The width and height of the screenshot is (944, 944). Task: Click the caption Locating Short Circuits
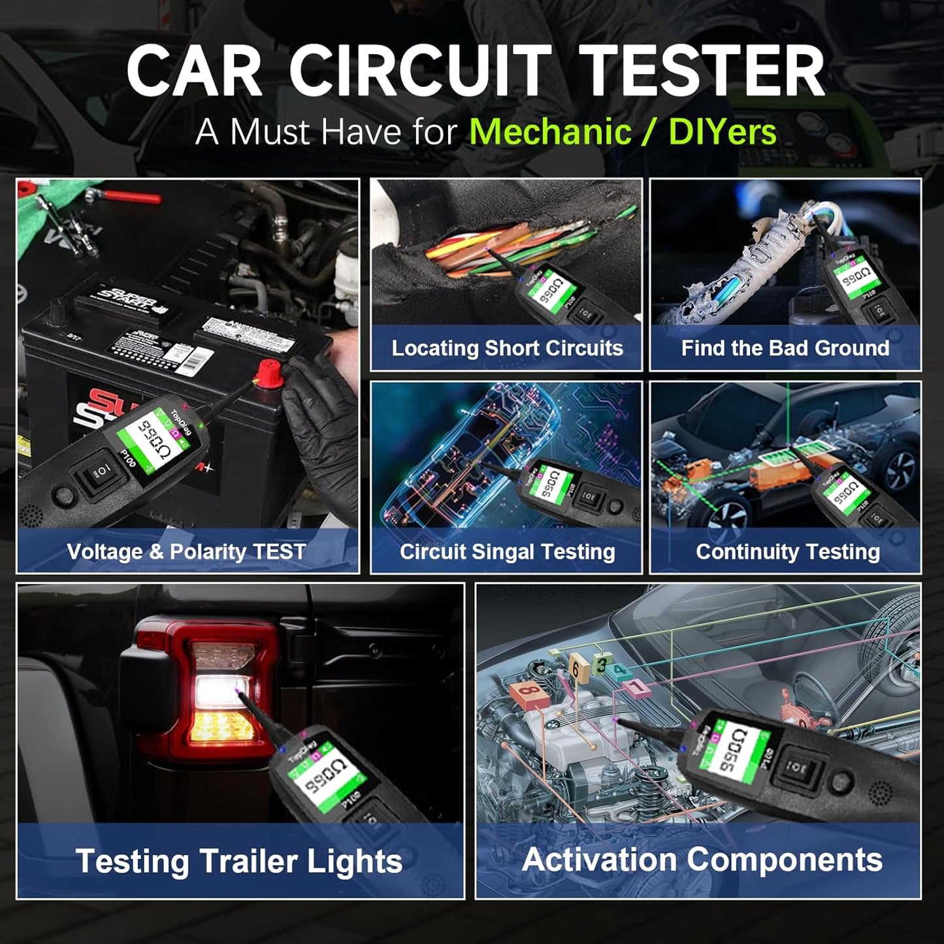pos(507,348)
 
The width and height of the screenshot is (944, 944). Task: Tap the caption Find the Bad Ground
pos(785,348)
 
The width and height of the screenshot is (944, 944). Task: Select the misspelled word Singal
pos(495,552)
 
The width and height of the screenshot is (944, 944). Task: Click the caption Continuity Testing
pos(788,552)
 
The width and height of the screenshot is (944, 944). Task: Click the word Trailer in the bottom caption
pos(249,861)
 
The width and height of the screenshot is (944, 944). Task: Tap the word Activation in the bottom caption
pos(599,860)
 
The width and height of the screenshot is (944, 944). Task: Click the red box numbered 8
pos(529,695)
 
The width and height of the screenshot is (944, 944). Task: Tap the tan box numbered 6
pos(575,668)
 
